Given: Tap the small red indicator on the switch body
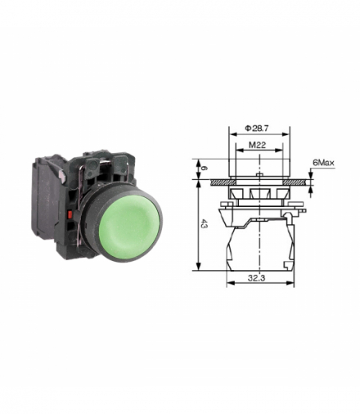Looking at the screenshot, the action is pyautogui.click(x=70, y=214).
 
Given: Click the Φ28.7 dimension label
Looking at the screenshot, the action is pyautogui.click(x=257, y=128).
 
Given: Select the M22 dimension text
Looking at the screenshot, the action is pyautogui.click(x=257, y=145).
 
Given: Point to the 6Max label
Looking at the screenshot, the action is pyautogui.click(x=323, y=163).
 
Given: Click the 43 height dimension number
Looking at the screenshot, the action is pyautogui.click(x=204, y=224).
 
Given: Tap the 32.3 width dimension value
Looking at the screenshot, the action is pyautogui.click(x=257, y=278).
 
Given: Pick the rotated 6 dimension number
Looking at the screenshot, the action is pyautogui.click(x=203, y=169).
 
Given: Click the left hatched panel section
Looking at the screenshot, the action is pyautogui.click(x=220, y=182).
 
